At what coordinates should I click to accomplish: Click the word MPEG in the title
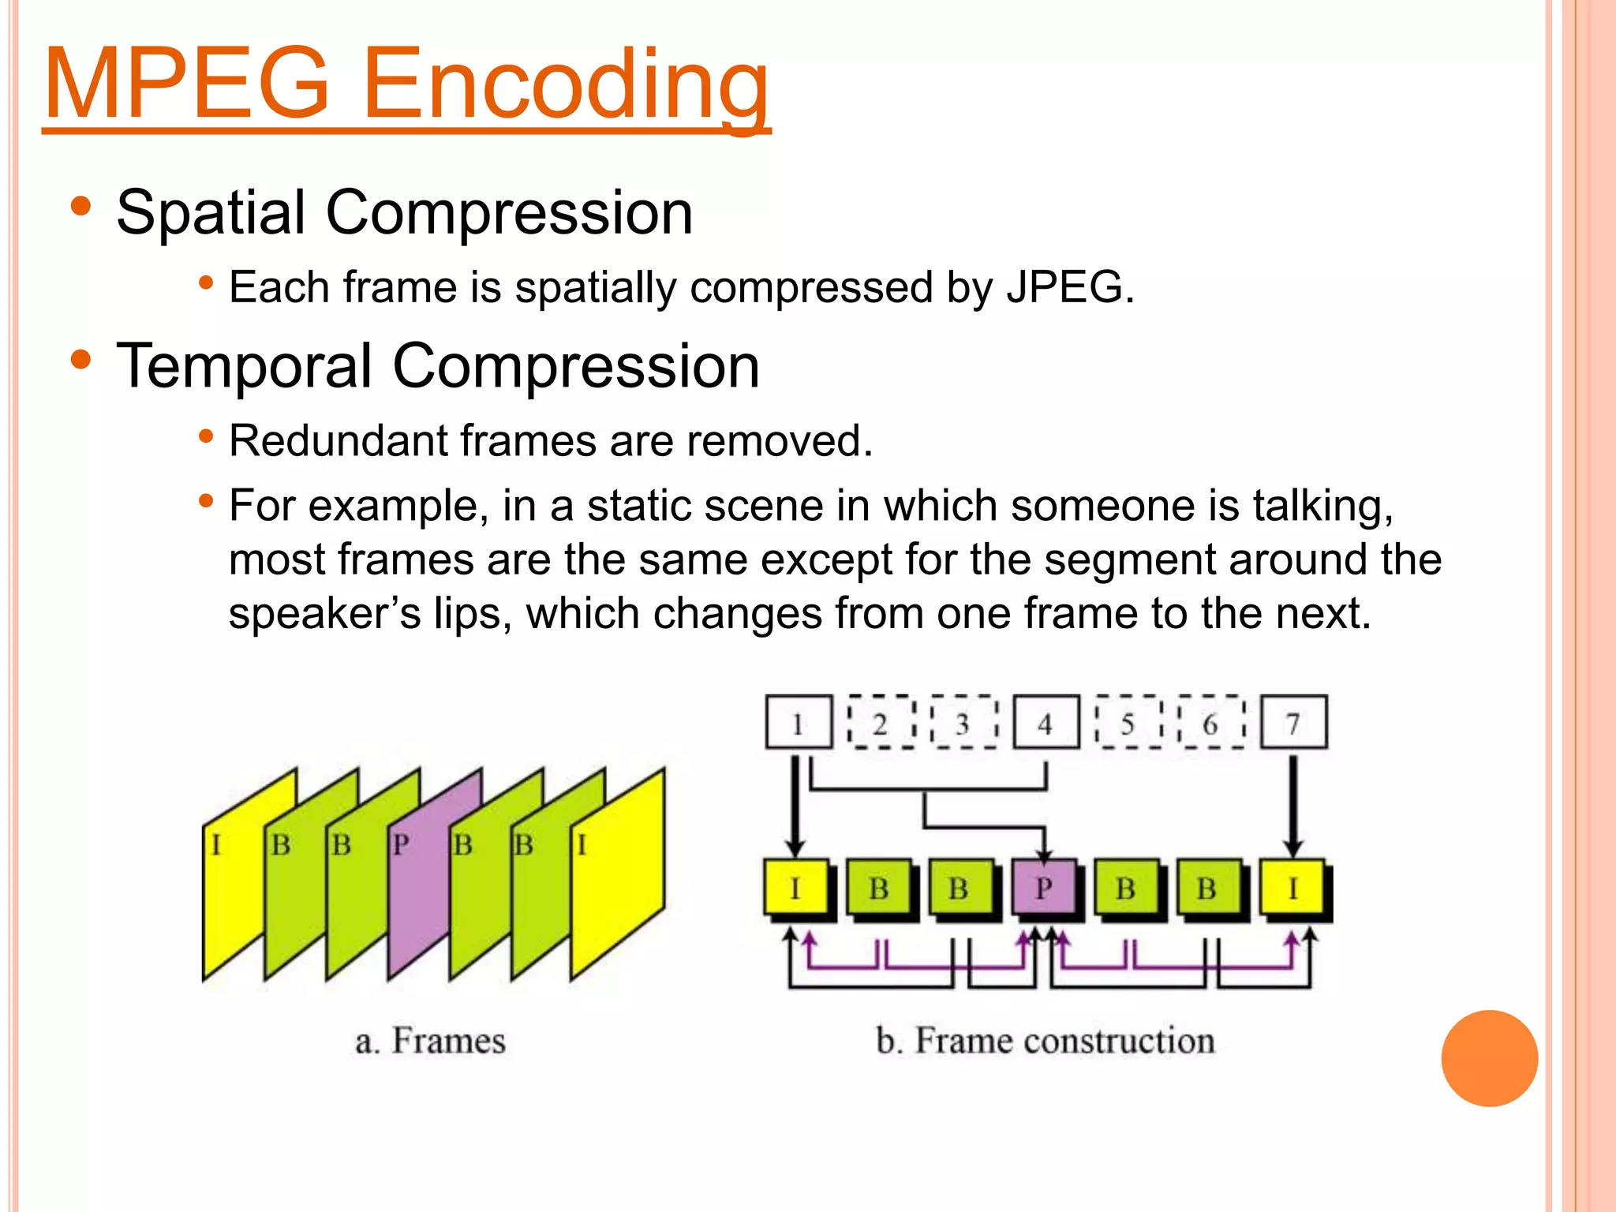point(186,84)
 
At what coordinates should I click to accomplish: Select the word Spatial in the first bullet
point(211,213)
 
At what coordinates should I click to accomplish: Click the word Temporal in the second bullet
point(243,367)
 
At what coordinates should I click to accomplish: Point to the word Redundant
point(338,440)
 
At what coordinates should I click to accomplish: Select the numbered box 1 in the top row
point(798,723)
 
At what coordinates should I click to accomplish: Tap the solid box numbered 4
point(1046,723)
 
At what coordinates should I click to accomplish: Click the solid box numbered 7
point(1293,723)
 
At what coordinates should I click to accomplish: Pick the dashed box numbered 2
point(881,723)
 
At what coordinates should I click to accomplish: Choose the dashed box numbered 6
point(1210,723)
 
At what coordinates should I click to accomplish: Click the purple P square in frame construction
point(1044,888)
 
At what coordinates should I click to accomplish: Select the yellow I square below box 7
point(1292,888)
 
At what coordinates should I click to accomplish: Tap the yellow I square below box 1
point(795,888)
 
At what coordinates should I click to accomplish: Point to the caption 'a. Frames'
point(430,1041)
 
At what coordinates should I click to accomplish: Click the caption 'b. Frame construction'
point(1045,1041)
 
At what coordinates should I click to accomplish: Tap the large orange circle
point(1489,1058)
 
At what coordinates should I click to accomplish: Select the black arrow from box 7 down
point(1292,805)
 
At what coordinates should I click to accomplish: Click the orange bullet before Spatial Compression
point(81,208)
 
